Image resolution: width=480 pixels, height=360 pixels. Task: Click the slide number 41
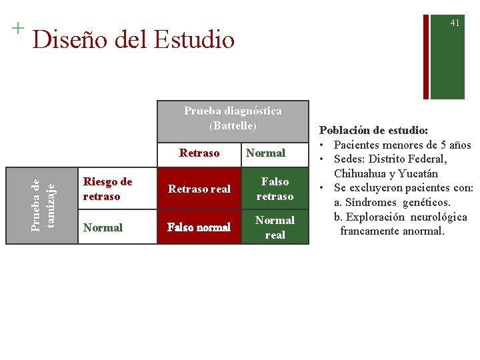point(455,23)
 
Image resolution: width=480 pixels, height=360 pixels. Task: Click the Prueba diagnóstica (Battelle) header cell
point(233,118)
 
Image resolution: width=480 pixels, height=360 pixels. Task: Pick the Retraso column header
point(199,153)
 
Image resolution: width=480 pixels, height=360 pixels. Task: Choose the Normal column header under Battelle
point(265,153)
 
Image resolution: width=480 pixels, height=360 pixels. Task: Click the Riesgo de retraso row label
point(107,189)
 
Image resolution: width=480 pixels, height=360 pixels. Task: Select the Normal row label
point(103,227)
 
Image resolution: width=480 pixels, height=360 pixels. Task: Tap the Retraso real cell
point(199,189)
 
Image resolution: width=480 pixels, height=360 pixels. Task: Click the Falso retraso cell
point(275,189)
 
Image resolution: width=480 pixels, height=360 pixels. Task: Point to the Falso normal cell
point(199,227)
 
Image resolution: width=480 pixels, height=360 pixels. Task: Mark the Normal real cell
point(275,227)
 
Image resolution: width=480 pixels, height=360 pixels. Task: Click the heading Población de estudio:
point(374,131)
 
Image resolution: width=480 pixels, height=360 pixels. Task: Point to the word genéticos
point(427,202)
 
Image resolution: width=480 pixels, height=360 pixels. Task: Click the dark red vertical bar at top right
point(425,50)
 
